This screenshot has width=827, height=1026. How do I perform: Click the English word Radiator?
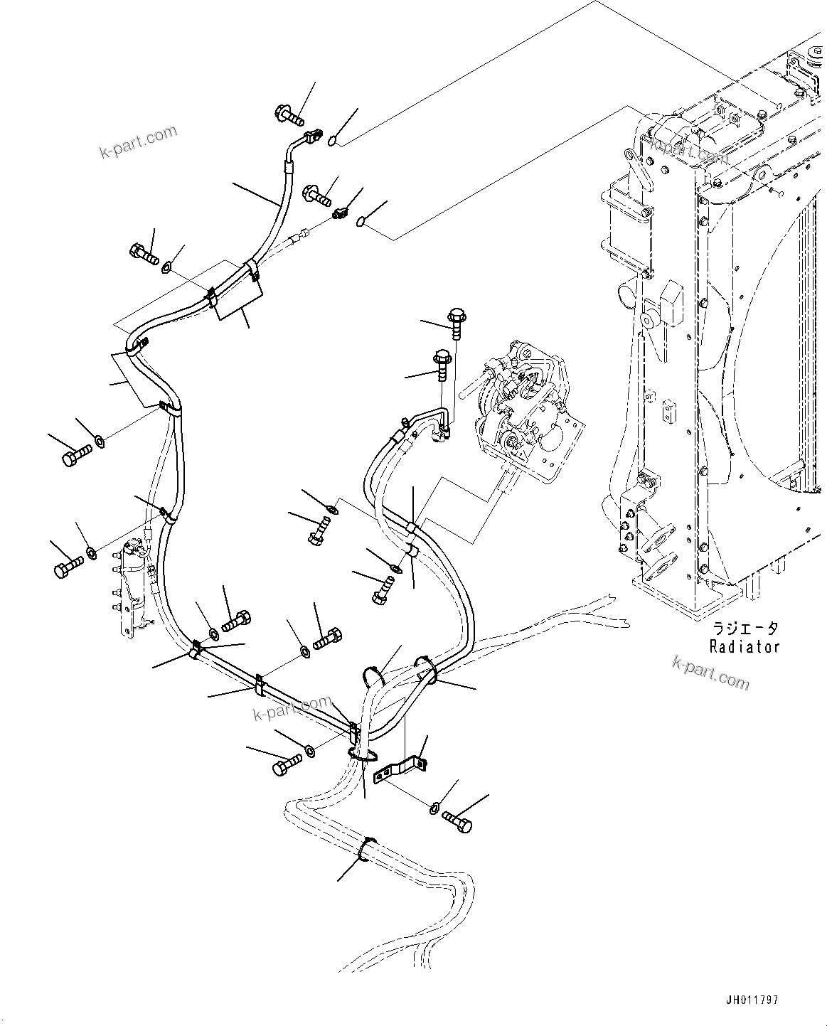(744, 646)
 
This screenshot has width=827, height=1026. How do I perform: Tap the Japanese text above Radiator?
(745, 629)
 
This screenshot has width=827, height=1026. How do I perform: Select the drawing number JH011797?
(752, 1000)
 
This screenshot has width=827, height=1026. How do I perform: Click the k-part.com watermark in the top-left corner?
(138, 142)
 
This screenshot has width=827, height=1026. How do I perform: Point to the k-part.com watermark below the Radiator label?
(710, 673)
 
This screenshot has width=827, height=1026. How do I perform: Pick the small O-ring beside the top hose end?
(333, 143)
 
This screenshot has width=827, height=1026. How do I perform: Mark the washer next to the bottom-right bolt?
(435, 808)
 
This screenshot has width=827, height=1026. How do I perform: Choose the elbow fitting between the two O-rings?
(342, 212)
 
